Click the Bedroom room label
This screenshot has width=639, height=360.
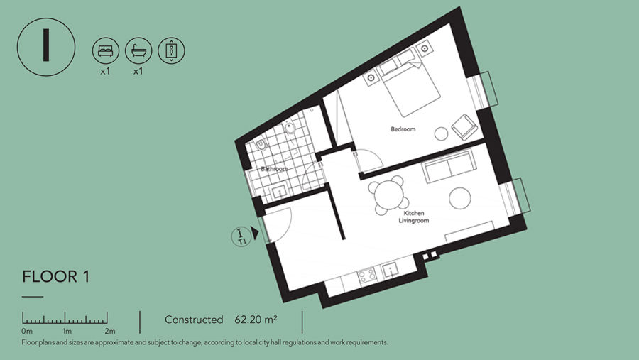pos(403,129)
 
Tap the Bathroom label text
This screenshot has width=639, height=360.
pos(274,169)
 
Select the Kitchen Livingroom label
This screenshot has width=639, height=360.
pos(414,217)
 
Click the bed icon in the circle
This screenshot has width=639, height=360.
pos(106,50)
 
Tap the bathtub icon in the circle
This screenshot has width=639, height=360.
pos(138,50)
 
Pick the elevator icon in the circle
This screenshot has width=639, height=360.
pos(171,50)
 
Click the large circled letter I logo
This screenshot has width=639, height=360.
pos(46,46)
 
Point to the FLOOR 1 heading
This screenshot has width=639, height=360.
pos(56,277)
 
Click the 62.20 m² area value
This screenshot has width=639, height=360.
pos(256,320)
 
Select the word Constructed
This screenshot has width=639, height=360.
pos(194,320)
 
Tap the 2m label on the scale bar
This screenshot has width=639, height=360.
pos(110,331)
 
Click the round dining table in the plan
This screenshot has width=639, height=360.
pos(390,195)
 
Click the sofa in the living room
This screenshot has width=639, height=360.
pos(450,165)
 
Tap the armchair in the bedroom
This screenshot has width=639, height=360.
pos(464,127)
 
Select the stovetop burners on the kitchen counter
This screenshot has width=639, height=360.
pos(367,276)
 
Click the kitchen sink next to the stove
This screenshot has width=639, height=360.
pos(390,270)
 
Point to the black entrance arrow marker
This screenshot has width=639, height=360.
pos(255,233)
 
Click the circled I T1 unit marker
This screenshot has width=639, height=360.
pos(241,236)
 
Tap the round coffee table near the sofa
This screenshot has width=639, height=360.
pos(460,198)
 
